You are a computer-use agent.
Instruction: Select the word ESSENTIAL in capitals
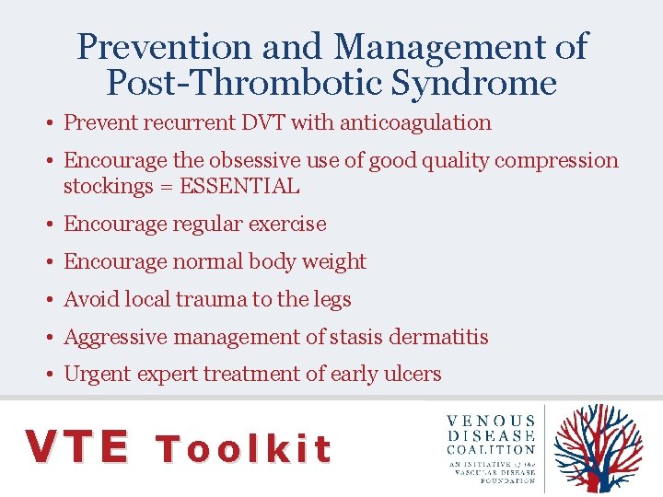pos(239,186)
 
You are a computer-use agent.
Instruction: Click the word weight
pos(335,261)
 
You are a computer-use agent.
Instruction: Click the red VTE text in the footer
pos(77,446)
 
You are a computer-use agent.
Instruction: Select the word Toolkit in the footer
pos(243,448)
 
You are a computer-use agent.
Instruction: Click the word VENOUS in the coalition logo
pos(491,421)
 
